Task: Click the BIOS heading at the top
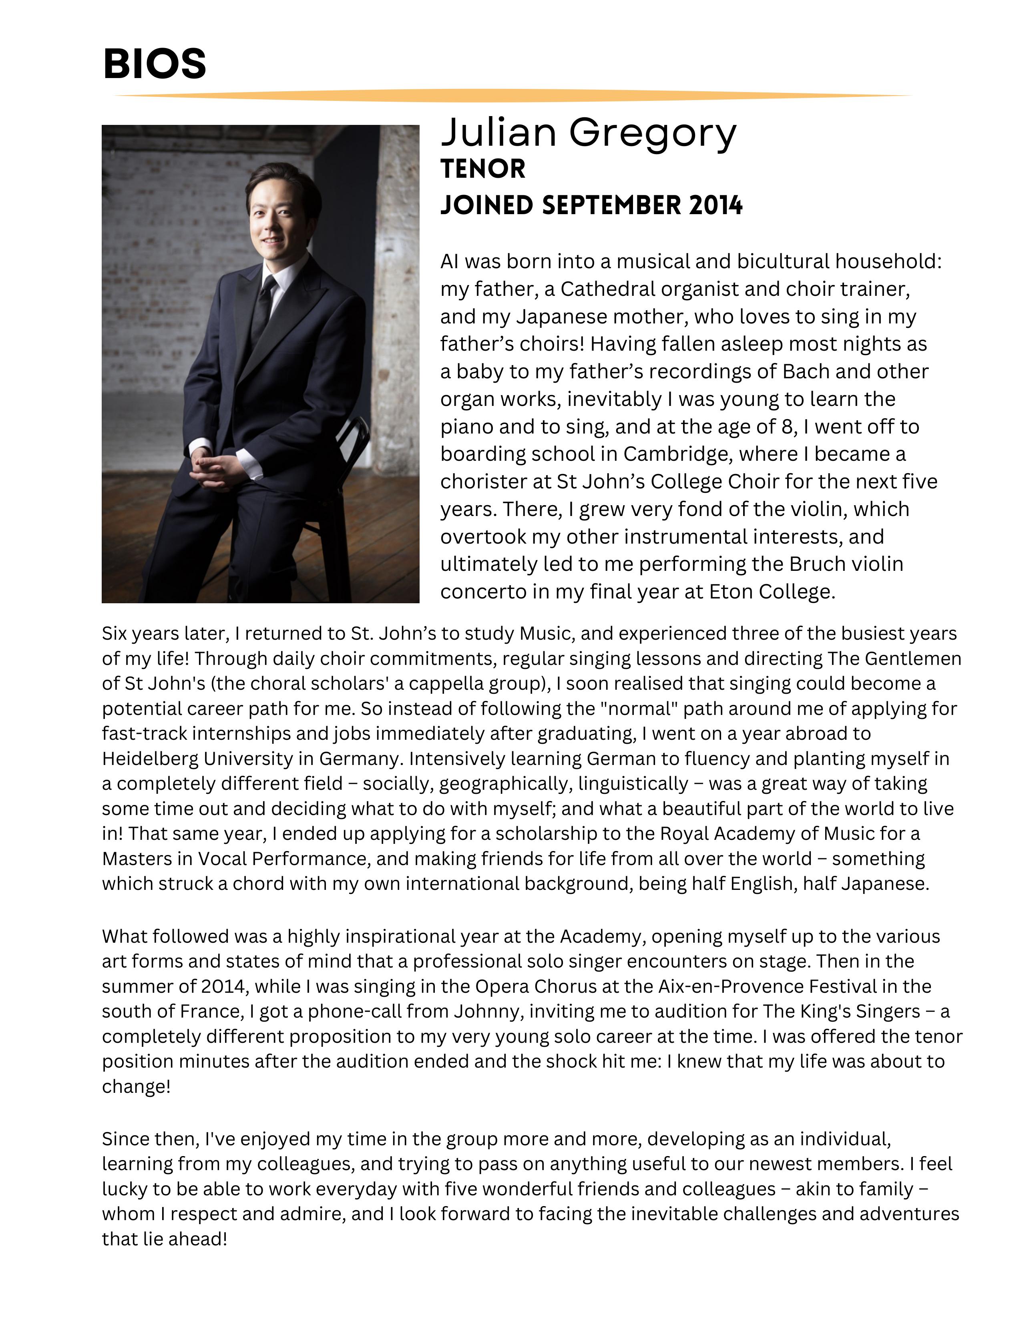pyautogui.click(x=155, y=64)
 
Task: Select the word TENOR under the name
pyautogui.click(x=483, y=169)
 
